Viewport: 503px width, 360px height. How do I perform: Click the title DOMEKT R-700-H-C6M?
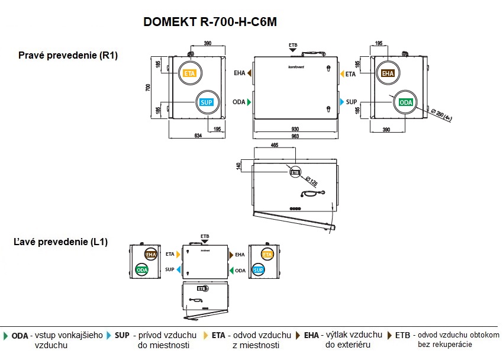[210, 22]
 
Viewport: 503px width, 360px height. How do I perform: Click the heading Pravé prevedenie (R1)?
[69, 56]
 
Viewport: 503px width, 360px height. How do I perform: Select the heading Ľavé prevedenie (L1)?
[60, 242]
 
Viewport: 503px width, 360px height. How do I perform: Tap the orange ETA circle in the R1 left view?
[189, 73]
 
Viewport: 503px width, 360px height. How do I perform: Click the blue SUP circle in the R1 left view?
[206, 102]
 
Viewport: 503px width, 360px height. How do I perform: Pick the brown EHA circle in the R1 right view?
[388, 73]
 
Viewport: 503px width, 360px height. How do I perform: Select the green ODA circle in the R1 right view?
[406, 102]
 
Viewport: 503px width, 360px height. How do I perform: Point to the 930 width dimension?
[295, 129]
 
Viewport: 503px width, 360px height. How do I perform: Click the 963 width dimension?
[295, 137]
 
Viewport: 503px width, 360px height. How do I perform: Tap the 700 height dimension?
[149, 87]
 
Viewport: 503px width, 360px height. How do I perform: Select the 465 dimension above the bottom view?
[275, 144]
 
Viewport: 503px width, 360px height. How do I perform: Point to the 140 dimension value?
[238, 165]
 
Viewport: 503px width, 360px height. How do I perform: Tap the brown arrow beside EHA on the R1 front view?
[250, 73]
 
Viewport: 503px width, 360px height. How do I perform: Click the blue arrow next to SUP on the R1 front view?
[341, 102]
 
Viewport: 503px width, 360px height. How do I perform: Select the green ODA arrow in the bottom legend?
[5, 335]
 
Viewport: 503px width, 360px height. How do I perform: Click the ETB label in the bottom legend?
[402, 335]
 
